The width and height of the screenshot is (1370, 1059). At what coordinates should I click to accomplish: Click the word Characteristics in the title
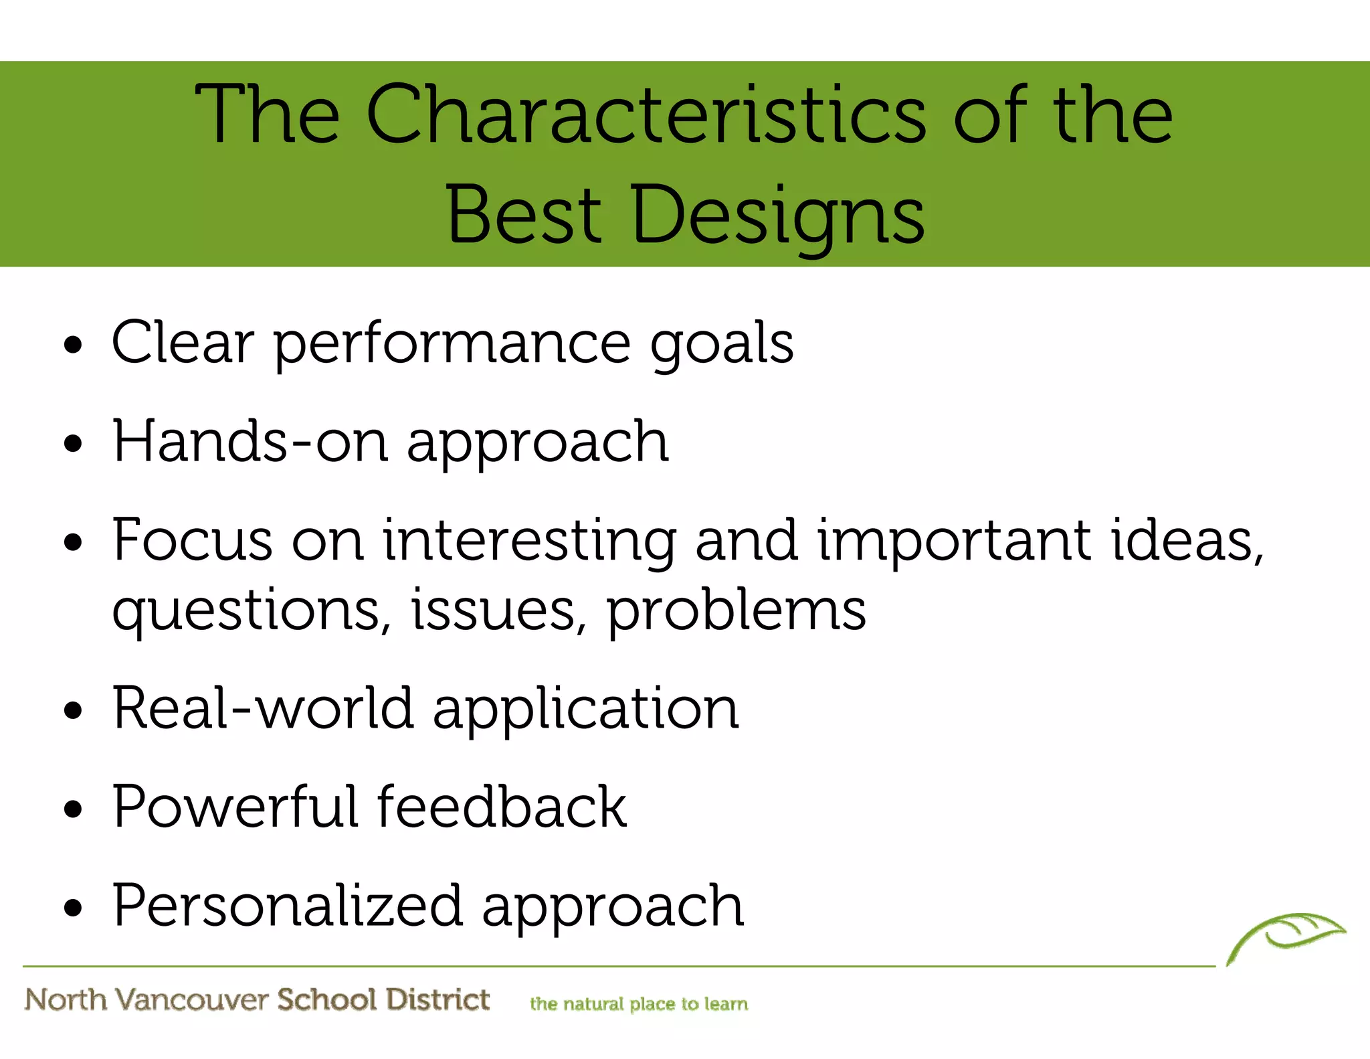[x=646, y=115]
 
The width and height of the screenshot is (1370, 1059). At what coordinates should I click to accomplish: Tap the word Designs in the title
[x=777, y=216]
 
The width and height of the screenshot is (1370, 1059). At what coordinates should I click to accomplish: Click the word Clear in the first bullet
[x=183, y=343]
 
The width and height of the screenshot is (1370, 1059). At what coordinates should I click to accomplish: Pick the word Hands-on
[x=251, y=441]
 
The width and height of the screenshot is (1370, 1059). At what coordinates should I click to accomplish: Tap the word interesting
[x=529, y=541]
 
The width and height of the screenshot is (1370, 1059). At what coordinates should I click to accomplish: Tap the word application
[x=586, y=710]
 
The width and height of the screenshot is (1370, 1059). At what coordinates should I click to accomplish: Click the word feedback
[x=502, y=807]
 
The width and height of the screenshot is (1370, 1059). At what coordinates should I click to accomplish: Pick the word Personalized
[x=287, y=905]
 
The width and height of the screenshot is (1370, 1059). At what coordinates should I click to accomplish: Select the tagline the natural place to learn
[x=639, y=1003]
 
